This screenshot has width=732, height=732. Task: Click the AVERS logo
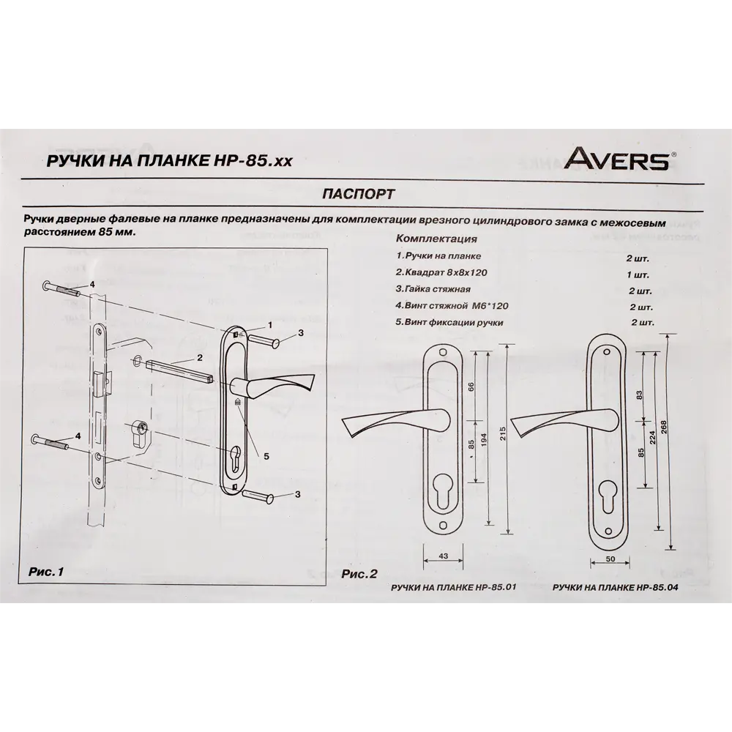(617, 160)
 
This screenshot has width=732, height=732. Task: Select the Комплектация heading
(436, 239)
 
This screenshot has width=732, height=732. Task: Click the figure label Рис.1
(46, 571)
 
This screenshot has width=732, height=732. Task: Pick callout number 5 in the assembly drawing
(266, 455)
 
